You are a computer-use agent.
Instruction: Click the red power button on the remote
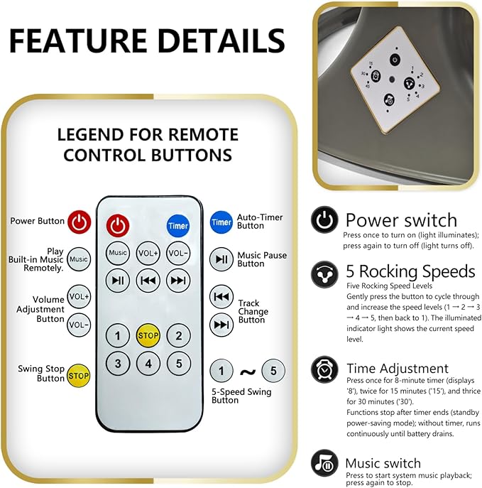coord(118,225)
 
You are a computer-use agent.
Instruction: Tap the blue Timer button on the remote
coord(178,225)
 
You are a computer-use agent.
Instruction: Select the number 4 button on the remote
coord(148,363)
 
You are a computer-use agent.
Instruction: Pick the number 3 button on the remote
coord(118,363)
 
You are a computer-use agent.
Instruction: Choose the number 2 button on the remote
coord(178,335)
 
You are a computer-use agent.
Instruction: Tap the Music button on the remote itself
coord(118,253)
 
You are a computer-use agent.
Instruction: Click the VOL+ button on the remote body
coord(148,253)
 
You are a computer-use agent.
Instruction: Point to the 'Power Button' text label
coord(38,221)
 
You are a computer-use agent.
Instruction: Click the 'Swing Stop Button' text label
coord(41,374)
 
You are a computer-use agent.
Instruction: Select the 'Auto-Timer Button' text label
coord(260,222)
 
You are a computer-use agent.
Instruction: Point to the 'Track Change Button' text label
coord(253,312)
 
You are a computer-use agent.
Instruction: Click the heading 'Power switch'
coord(401,220)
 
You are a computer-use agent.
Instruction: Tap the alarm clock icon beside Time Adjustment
coord(324,369)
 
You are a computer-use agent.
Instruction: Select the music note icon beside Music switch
coord(324,463)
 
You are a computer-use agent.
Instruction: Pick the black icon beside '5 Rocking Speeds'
coord(324,274)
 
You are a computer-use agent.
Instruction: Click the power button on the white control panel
coord(395,60)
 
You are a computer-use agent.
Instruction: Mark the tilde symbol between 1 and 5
coord(248,372)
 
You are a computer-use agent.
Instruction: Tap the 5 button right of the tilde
coord(273,371)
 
